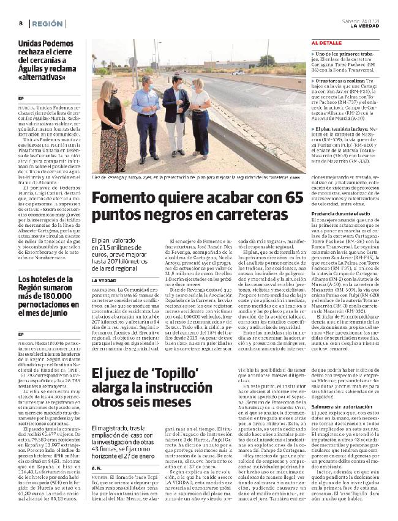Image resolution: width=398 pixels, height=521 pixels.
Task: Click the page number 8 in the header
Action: pos(20,23)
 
